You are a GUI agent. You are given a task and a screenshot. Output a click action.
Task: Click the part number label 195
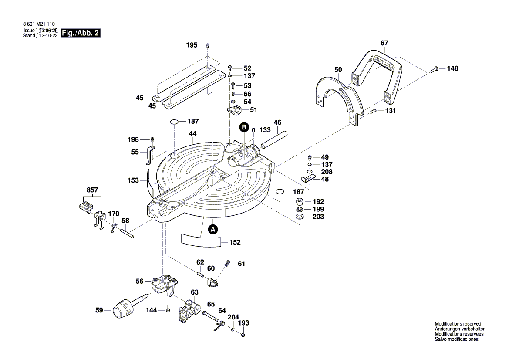click(x=192, y=45)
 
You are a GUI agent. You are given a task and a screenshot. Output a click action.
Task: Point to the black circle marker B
click(x=245, y=127)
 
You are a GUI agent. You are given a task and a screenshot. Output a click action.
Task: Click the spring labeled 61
click(x=227, y=263)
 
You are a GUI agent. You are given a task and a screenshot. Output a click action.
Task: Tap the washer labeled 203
click(x=299, y=217)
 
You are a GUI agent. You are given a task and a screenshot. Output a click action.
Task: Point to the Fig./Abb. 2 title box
click(x=81, y=33)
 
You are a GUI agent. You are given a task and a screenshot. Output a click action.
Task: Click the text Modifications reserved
click(x=458, y=324)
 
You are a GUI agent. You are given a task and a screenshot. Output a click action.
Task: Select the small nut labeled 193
click(x=243, y=335)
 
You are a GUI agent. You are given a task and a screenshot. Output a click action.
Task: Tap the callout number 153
click(x=133, y=180)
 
